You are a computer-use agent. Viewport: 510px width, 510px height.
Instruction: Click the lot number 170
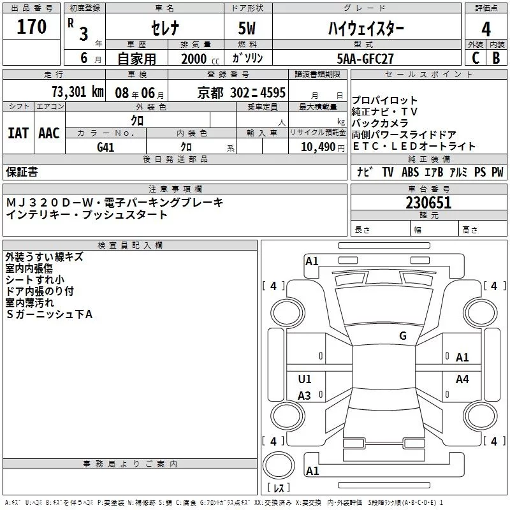tap(33, 27)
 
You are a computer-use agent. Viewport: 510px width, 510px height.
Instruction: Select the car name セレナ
tap(164, 28)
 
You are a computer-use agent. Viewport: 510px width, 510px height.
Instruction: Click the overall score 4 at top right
tap(486, 28)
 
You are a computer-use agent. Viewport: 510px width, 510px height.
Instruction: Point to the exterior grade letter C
tap(476, 58)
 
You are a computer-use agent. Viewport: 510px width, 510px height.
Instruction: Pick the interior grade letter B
tap(496, 58)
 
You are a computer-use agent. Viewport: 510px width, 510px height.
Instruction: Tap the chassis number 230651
tap(428, 203)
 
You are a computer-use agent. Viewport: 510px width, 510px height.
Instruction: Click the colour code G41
tap(106, 147)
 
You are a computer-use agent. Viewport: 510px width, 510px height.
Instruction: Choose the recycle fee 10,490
tap(316, 147)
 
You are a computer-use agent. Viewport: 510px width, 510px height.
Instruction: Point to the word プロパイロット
tap(385, 101)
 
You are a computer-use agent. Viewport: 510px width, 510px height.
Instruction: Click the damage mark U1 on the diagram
tap(305, 379)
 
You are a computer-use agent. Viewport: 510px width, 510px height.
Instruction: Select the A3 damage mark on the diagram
tap(305, 396)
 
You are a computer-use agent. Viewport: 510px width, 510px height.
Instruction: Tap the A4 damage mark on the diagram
tap(462, 379)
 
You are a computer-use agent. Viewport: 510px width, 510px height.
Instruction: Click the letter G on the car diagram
tap(403, 336)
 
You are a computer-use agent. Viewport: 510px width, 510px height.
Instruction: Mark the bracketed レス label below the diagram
tap(278, 489)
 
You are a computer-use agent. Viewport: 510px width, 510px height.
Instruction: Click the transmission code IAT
tap(18, 133)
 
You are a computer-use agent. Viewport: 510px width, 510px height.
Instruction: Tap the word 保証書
tap(22, 171)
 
